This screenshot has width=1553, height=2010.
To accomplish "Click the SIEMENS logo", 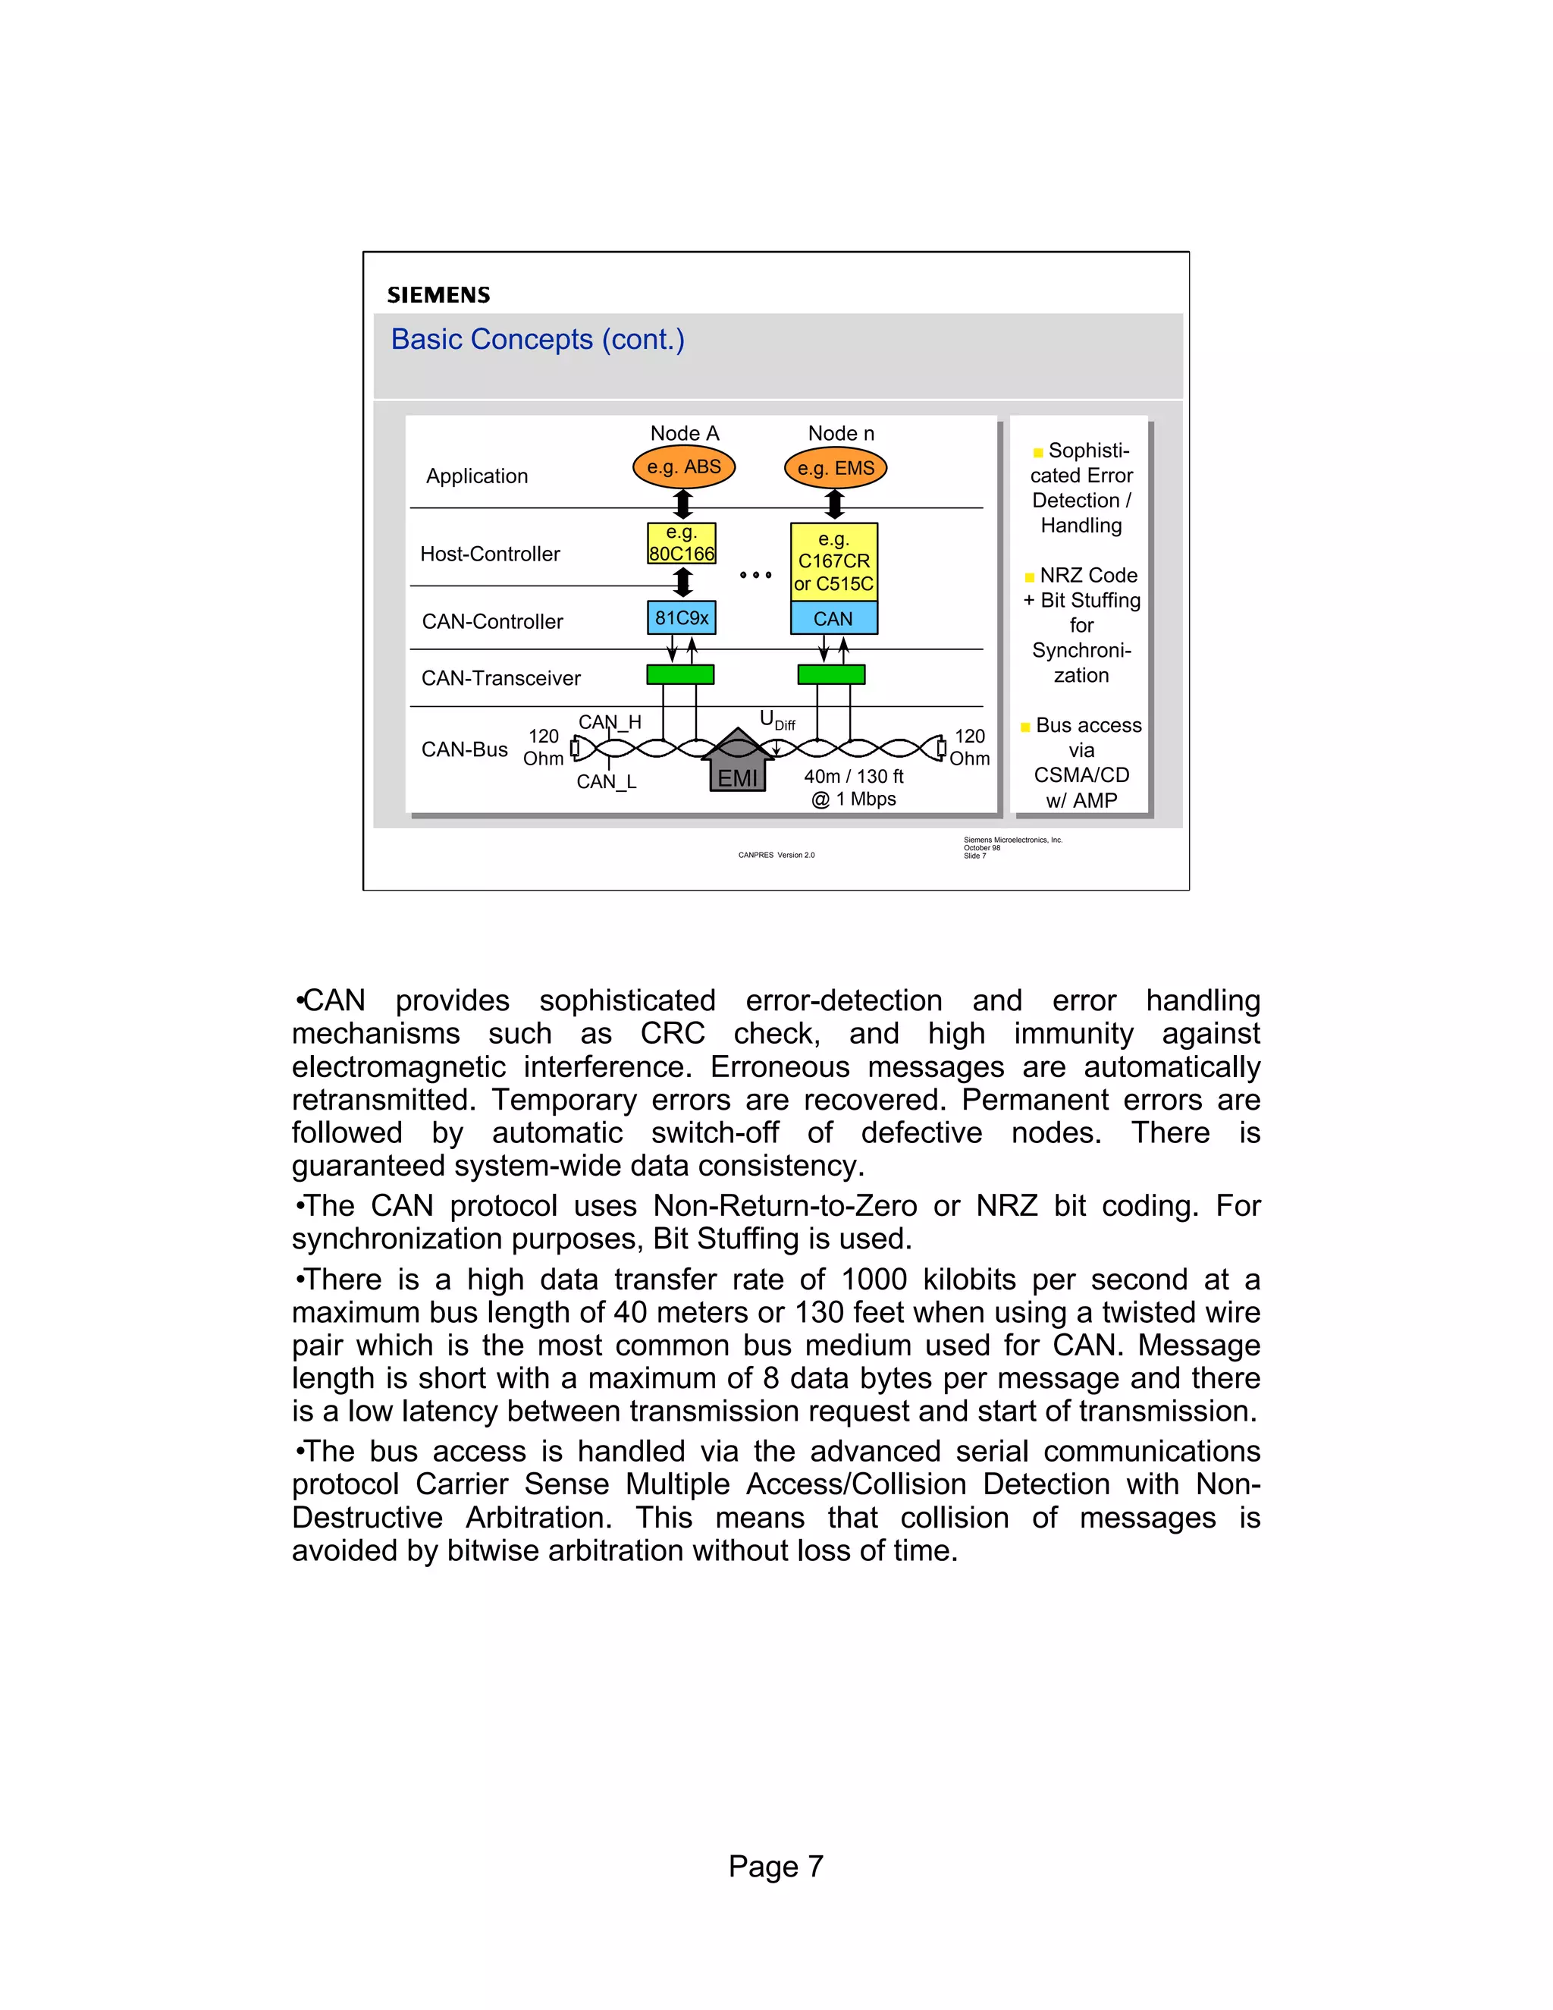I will [438, 294].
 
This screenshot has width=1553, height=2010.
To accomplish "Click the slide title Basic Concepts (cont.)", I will [538, 340].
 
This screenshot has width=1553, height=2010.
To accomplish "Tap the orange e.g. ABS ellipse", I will [683, 467].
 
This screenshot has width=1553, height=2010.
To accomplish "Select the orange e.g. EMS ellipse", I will [836, 469].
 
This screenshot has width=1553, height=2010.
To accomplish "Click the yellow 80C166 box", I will [682, 544].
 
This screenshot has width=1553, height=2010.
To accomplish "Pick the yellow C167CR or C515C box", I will [833, 561].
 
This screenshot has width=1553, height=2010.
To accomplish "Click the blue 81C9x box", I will [682, 618].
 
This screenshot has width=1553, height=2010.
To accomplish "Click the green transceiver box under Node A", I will [681, 674].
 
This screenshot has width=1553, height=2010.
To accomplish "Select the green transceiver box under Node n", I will [832, 674].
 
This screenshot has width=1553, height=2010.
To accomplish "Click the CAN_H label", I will [609, 722].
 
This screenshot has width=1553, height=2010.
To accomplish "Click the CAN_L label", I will [607, 782].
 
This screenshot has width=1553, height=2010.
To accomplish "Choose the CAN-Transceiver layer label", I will [500, 678].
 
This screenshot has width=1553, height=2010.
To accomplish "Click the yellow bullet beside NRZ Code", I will [1030, 578].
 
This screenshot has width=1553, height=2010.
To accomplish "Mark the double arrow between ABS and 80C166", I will [682, 504].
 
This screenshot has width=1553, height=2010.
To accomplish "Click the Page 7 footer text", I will [776, 1866].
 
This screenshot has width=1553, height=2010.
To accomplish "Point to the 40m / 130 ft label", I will [854, 777].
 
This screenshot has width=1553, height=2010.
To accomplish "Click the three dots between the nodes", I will [755, 575].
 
